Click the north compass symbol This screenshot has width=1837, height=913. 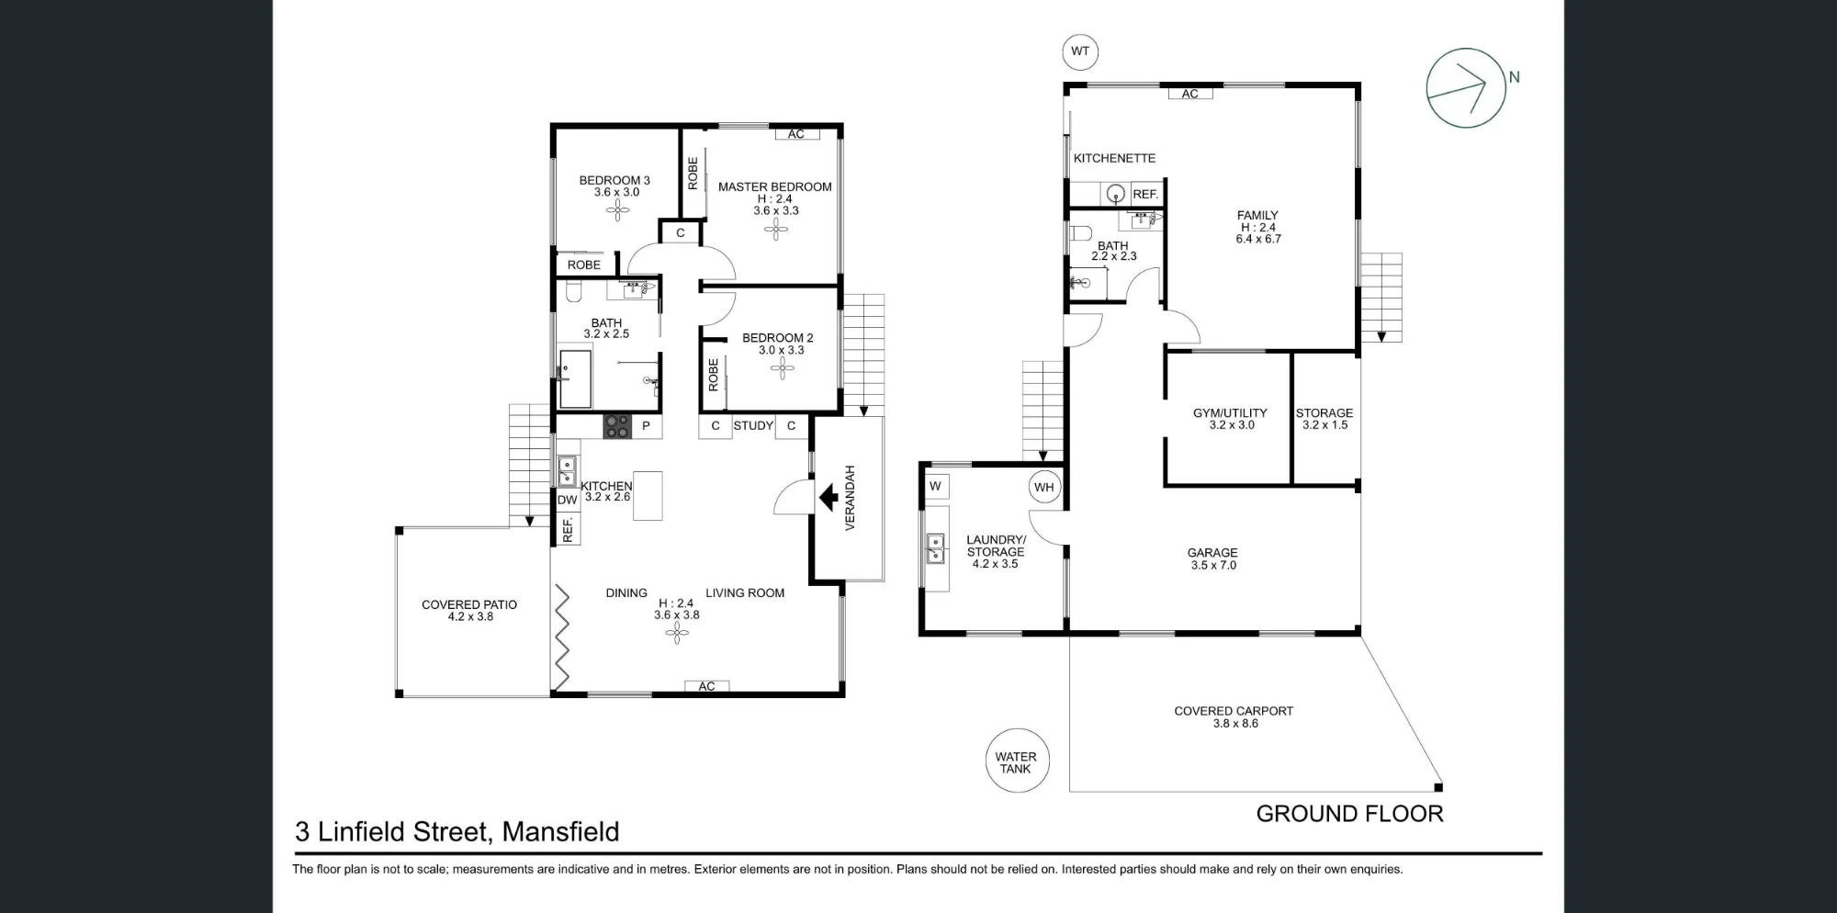point(1466,88)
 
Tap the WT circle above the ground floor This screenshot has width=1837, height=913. point(1080,51)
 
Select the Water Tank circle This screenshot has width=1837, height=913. point(1016,761)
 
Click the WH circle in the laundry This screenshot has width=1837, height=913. point(1044,487)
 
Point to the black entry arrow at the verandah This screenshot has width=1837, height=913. point(828,498)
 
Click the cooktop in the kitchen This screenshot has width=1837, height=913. point(616,426)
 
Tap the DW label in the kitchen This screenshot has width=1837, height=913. point(568,500)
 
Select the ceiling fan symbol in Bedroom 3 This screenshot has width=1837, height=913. point(618,211)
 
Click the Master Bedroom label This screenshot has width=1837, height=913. point(775,186)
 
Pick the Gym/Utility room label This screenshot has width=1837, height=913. point(1230,412)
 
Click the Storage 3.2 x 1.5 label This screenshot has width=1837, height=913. point(1324,419)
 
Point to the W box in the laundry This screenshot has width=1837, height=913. point(935,487)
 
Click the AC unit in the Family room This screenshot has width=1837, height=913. point(1190,94)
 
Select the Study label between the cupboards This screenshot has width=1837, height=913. point(753,425)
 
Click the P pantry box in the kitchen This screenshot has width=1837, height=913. point(646,426)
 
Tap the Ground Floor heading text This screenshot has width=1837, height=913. point(1349,814)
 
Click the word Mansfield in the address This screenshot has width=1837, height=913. point(560,831)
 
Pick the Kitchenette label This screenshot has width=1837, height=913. point(1114,158)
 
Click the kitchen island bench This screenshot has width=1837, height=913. point(648,496)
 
